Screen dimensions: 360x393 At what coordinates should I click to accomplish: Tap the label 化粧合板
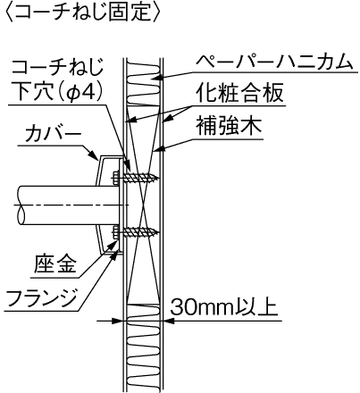(x=239, y=93)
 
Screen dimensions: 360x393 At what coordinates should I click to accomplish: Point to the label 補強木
(x=229, y=126)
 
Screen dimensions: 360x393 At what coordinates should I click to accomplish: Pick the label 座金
(x=55, y=264)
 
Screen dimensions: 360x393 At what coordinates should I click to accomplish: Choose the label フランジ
(x=41, y=298)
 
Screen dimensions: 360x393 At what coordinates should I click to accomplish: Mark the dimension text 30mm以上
(x=224, y=307)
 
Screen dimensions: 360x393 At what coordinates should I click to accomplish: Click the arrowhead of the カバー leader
(x=95, y=155)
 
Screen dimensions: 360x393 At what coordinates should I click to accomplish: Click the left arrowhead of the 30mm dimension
(x=118, y=321)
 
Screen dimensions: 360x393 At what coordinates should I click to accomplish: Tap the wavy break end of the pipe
(x=21, y=205)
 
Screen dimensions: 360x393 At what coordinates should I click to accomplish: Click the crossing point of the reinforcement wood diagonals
(x=144, y=205)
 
